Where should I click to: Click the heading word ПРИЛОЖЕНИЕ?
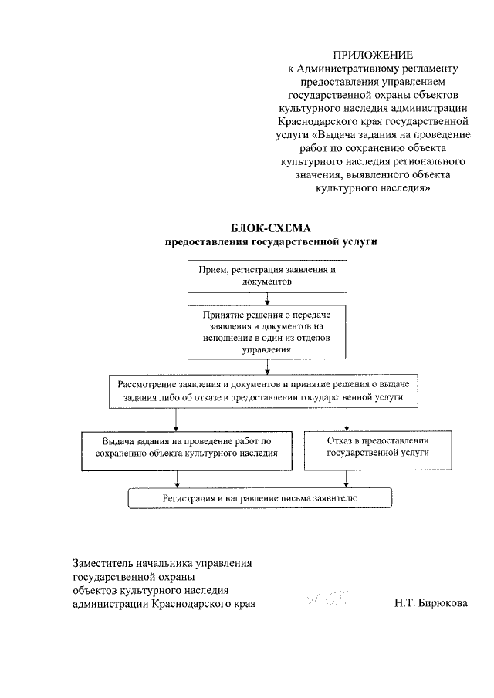373,54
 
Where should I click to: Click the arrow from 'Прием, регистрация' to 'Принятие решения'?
266,299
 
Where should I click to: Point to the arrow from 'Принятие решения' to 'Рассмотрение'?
266,366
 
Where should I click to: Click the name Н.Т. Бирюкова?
430,604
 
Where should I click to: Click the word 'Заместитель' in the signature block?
103,564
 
